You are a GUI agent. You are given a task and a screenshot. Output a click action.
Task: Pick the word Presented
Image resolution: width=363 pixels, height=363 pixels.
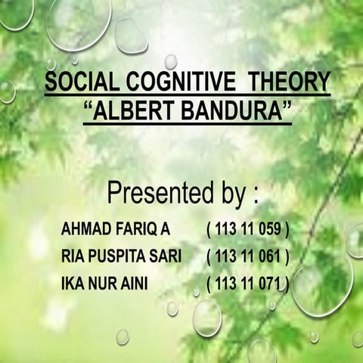(160, 192)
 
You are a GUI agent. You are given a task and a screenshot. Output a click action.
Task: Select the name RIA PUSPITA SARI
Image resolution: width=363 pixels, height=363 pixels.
(121, 256)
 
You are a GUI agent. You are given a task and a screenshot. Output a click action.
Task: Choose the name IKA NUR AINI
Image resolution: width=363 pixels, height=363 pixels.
(104, 284)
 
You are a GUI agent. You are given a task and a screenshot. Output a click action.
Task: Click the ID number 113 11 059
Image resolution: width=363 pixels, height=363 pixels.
(248, 228)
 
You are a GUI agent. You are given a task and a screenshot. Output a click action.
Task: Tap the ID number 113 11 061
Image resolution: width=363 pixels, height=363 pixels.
(248, 256)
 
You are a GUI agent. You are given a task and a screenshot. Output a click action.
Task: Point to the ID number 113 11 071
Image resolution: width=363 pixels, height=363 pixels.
(248, 284)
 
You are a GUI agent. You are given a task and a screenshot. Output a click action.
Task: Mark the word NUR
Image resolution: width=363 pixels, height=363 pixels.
(102, 284)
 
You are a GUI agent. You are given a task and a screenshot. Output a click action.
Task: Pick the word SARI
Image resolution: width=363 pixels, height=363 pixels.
(166, 256)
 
